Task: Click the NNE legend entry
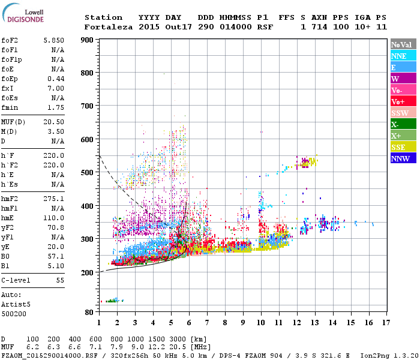[x=403, y=56]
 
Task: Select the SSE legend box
[x=403, y=147]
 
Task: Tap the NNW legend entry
[x=403, y=158]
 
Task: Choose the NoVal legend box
[x=403, y=44]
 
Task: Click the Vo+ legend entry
[x=403, y=101]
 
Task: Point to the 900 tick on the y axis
[x=88, y=40]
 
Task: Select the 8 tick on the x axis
[x=225, y=322]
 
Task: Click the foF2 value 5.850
[x=54, y=40]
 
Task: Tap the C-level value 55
[x=60, y=280]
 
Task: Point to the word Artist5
[x=17, y=304]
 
